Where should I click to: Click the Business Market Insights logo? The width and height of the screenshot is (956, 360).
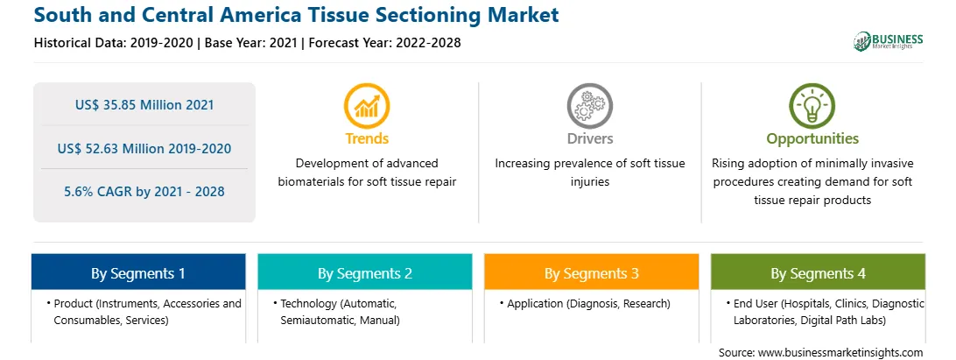tap(889, 41)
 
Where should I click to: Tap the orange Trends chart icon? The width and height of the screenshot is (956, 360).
tap(367, 106)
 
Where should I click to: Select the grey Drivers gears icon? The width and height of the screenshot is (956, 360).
tap(589, 106)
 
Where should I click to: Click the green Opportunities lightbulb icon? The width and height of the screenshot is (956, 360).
tap(812, 106)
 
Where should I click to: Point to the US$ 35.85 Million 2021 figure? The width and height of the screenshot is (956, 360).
tap(144, 105)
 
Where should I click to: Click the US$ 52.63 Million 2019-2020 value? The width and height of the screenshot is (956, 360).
tap(144, 148)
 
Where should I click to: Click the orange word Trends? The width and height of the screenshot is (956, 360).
tap(367, 138)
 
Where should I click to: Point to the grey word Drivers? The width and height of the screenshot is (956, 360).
tap(589, 138)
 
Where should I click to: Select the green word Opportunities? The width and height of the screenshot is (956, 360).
tap(812, 138)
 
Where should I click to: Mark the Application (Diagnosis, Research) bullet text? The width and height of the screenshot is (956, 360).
tap(588, 304)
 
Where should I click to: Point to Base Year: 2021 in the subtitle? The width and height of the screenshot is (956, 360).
tap(251, 43)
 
